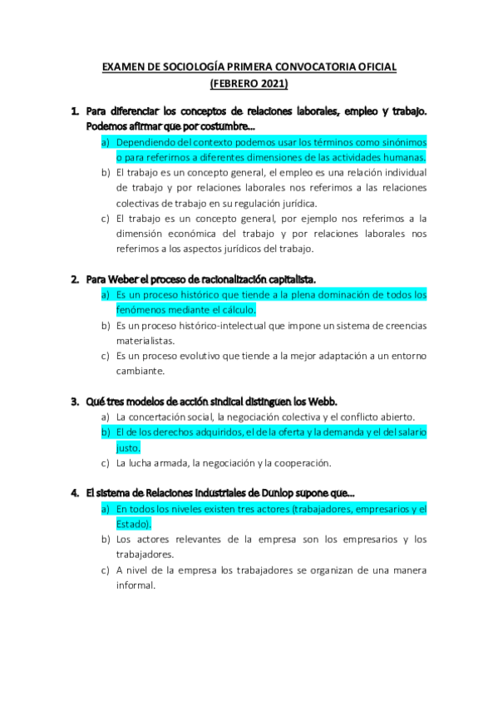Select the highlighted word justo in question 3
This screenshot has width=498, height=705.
(x=128, y=447)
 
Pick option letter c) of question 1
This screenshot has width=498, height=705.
(x=106, y=219)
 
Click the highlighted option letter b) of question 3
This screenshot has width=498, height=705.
(x=106, y=432)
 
